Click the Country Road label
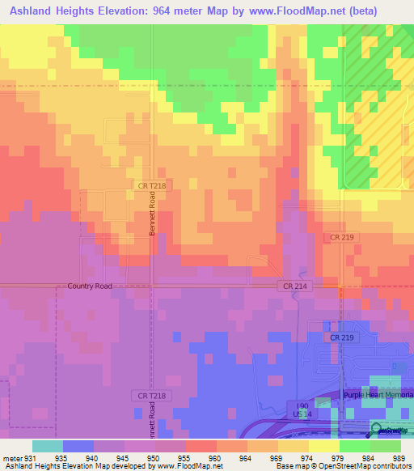(90, 286)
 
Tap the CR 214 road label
(294, 286)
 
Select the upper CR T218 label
(151, 185)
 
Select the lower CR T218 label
(146, 395)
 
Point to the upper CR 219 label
(342, 237)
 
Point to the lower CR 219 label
(342, 336)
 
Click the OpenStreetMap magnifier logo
(378, 431)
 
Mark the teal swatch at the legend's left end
(48, 446)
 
